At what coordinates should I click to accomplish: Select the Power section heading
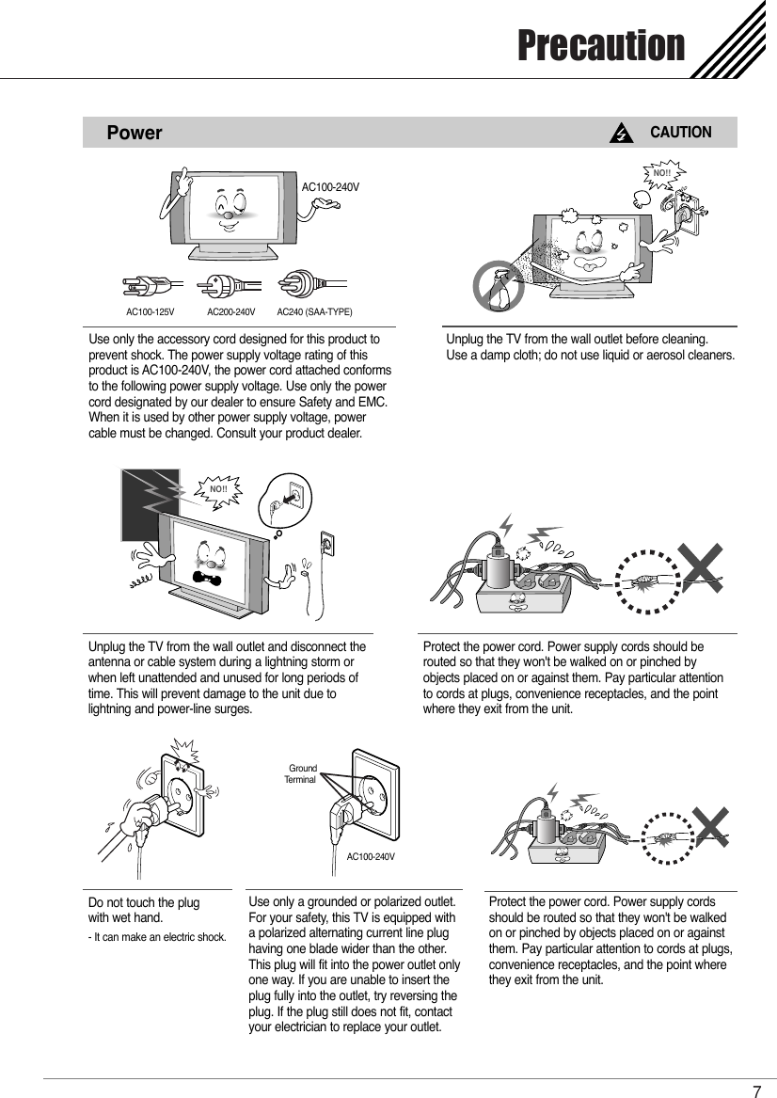point(135,133)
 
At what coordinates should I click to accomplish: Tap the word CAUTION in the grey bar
point(681,133)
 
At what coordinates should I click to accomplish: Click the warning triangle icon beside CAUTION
point(620,134)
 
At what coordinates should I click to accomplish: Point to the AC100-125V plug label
point(151,310)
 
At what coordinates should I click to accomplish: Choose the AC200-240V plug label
point(230,310)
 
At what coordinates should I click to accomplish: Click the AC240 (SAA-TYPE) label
point(314,310)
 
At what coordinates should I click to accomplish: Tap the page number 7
point(756,1091)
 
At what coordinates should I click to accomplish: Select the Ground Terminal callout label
point(302,774)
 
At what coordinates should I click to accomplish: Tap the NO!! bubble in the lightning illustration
point(219,489)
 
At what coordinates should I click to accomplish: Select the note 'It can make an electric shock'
point(156,936)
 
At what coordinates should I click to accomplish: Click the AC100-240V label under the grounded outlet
point(370,856)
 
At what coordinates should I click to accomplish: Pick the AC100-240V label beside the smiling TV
point(329,187)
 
